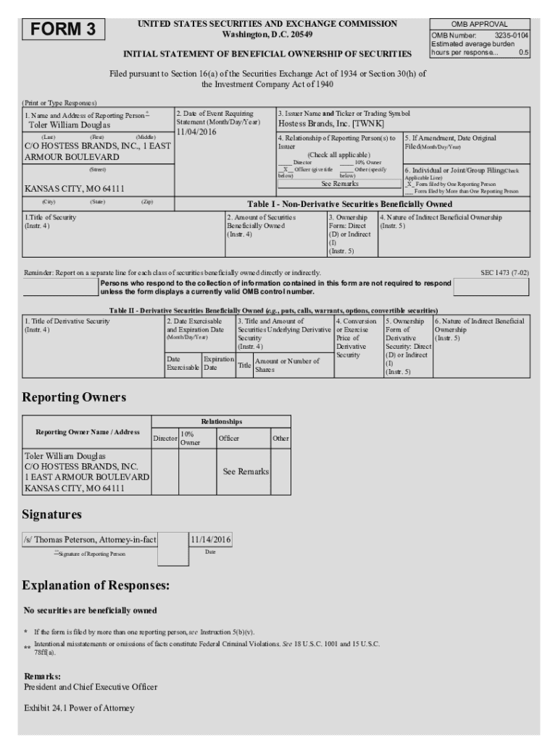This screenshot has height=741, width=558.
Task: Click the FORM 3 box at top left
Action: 64,30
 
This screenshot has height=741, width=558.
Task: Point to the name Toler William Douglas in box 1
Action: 68,125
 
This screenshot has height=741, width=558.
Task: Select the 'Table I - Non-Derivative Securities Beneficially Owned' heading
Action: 350,204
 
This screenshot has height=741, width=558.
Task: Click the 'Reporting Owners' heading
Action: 74,397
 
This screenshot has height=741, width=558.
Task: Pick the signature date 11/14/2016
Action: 210,540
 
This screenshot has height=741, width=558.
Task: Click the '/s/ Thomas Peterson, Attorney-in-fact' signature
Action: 91,540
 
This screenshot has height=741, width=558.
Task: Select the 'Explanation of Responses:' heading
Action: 96,585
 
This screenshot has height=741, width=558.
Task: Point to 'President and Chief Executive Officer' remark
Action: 91,687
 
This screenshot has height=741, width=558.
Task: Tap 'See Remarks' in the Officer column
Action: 246,471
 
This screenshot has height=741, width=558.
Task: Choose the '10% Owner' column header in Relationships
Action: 190,438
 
